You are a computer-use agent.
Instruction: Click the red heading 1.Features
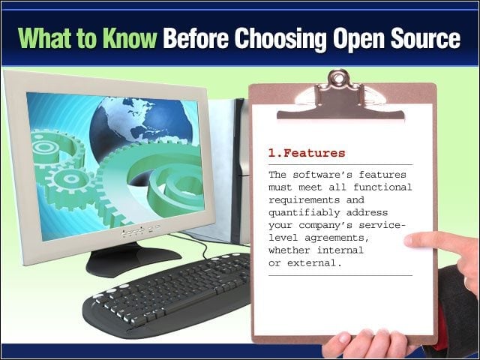point(307,153)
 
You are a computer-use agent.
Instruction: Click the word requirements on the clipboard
point(304,200)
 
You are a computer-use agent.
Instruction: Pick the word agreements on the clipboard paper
point(337,238)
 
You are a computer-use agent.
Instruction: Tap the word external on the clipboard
point(314,262)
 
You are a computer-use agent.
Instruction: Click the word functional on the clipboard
point(382,187)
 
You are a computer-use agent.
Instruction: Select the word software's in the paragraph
point(322,175)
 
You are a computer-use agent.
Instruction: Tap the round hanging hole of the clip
point(338,78)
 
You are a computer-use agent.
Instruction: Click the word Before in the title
point(196,38)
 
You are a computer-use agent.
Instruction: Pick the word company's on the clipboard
point(325,226)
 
